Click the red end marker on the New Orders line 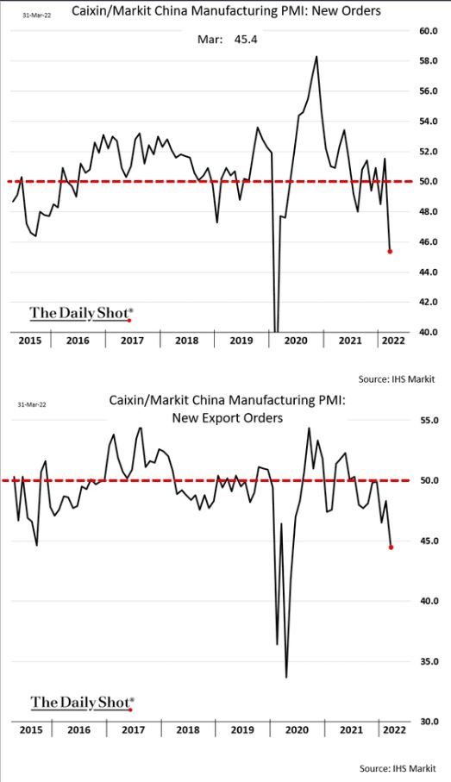390,252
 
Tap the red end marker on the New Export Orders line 391,547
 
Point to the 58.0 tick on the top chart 429,61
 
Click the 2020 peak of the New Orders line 316,56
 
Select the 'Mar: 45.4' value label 228,40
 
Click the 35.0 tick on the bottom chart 429,661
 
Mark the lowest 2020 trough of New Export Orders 286,677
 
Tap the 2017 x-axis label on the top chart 132,341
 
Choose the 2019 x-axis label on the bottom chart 242,730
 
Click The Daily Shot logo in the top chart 82,314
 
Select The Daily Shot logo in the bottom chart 82,702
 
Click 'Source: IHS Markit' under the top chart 397,379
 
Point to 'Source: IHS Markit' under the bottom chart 398,768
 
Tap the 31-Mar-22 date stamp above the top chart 37,16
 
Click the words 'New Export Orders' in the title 228,417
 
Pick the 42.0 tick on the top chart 429,302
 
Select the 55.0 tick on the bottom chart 429,421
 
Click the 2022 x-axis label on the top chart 394,341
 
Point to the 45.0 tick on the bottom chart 429,541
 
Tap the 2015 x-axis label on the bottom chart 31,730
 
